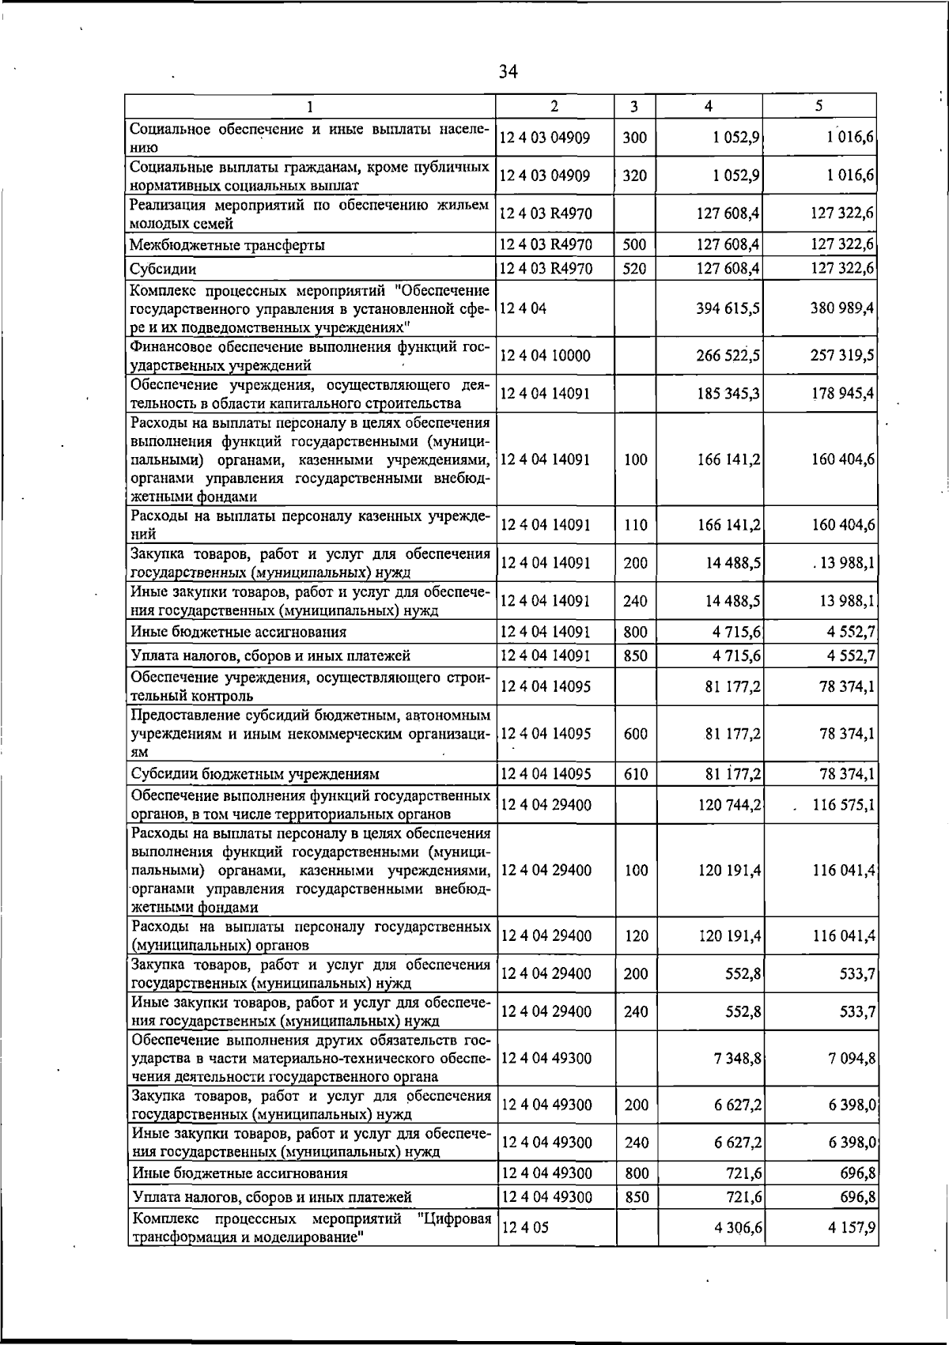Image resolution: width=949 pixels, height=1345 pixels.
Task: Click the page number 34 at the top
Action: pyautogui.click(x=508, y=73)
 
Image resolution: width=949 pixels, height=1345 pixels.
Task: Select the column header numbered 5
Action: pyautogui.click(x=819, y=106)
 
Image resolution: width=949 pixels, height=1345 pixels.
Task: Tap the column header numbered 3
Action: pyautogui.click(x=635, y=106)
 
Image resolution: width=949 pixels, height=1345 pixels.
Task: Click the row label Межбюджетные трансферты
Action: pyautogui.click(x=229, y=245)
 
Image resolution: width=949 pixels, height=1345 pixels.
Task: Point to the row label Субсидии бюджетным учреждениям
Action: pyautogui.click(x=255, y=773)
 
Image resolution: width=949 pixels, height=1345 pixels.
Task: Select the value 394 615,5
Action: pyautogui.click(x=728, y=308)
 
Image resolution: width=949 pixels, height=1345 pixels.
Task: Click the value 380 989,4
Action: pyautogui.click(x=842, y=308)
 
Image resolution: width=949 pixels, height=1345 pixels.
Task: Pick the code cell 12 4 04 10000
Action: pyautogui.click(x=546, y=356)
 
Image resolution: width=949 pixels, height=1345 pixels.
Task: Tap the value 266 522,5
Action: pyautogui.click(x=728, y=356)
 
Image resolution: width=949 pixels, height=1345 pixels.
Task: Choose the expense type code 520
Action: pyautogui.click(x=635, y=269)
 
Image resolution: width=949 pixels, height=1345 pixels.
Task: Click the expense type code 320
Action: pyautogui.click(x=635, y=176)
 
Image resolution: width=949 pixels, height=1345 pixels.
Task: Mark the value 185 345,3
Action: pyautogui.click(x=728, y=394)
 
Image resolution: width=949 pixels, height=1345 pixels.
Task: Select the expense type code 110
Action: pyautogui.click(x=635, y=525)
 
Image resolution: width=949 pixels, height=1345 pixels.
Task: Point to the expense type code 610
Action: pyautogui.click(x=635, y=773)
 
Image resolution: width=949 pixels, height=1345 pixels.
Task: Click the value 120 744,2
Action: pyautogui.click(x=728, y=805)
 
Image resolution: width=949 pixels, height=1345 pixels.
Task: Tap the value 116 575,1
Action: pyautogui.click(x=844, y=805)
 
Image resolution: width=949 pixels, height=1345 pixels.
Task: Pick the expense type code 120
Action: pyautogui.click(x=635, y=936)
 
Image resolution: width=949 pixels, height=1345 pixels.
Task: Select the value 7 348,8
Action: pyautogui.click(x=738, y=1058)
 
